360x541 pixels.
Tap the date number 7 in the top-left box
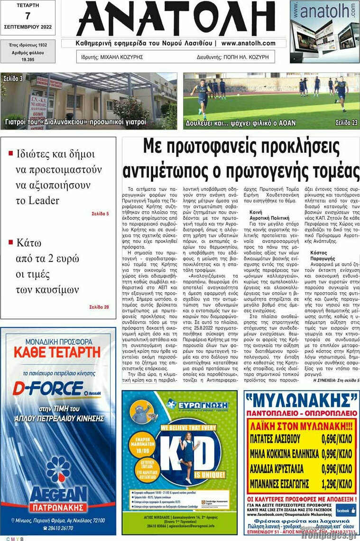click(x=28, y=16)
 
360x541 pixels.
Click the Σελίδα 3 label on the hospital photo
click(x=13, y=78)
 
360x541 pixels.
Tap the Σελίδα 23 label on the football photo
click(x=346, y=122)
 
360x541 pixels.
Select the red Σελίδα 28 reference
click(x=99, y=307)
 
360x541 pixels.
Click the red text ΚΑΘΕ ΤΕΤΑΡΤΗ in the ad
click(x=57, y=352)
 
